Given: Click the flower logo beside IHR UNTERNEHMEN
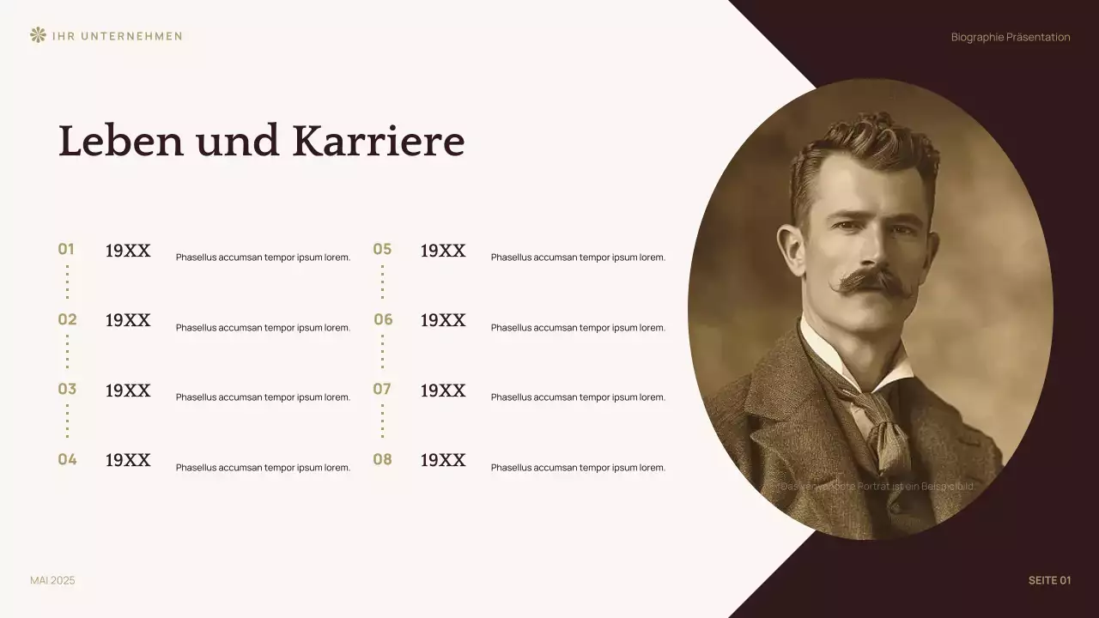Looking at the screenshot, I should (x=37, y=35).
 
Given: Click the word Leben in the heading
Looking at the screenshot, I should (x=121, y=142).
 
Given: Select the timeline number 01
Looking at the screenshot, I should (x=66, y=250).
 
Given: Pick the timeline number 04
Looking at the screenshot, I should (x=67, y=460).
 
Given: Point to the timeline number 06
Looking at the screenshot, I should (x=383, y=320).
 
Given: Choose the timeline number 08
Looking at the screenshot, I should (x=382, y=460).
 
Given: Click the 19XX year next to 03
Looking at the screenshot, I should (x=128, y=391).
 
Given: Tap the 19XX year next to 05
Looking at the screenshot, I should (x=443, y=251).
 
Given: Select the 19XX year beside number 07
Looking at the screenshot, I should (x=443, y=391).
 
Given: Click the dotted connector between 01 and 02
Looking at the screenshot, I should (x=67, y=282).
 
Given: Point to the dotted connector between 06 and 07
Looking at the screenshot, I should (x=382, y=352).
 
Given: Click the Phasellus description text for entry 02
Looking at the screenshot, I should (x=263, y=328).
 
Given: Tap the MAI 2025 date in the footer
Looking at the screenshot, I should (x=52, y=581).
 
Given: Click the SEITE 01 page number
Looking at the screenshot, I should (x=1049, y=581).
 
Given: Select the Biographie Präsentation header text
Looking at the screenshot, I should (x=1011, y=37).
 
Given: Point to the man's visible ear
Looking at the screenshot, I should (x=792, y=249).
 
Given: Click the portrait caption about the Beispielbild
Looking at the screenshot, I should (x=877, y=487).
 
